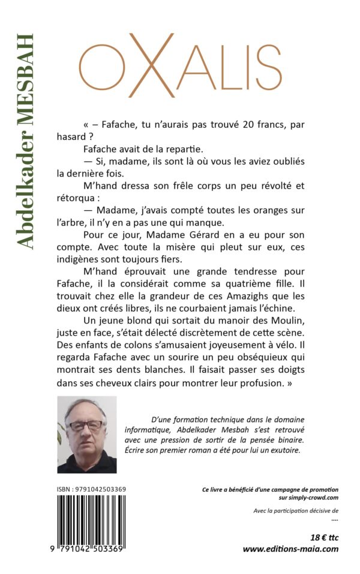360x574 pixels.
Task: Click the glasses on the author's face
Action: (x=86, y=425)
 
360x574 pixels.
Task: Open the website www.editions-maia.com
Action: (x=290, y=549)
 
